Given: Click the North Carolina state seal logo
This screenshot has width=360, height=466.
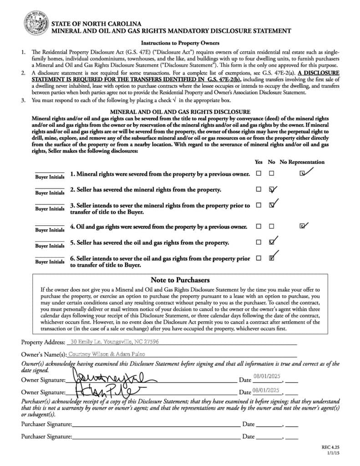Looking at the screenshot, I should pos(35,24).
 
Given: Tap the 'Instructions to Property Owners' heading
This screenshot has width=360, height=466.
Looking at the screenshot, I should pos(180,43).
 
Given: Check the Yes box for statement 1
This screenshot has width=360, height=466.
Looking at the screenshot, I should pos(259,173).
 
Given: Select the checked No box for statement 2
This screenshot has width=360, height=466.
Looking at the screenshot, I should pos(272,189).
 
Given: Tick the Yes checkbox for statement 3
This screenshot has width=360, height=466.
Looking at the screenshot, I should pos(259,205).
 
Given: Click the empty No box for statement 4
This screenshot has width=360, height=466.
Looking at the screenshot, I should pos(272,226).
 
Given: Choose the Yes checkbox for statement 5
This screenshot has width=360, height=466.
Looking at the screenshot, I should pos(259,242).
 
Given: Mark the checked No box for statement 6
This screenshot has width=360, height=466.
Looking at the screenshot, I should pos(272,258).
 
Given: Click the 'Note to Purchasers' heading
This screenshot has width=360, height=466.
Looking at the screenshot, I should pos(180,280).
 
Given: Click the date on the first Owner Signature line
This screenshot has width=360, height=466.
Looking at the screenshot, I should pos(265,377).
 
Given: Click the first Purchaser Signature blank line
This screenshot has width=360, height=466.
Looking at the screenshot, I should pos(156,424).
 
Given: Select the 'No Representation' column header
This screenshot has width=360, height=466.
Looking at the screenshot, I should pos(302,162).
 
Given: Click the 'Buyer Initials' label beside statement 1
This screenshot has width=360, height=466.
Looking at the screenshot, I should pos(50,177).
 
